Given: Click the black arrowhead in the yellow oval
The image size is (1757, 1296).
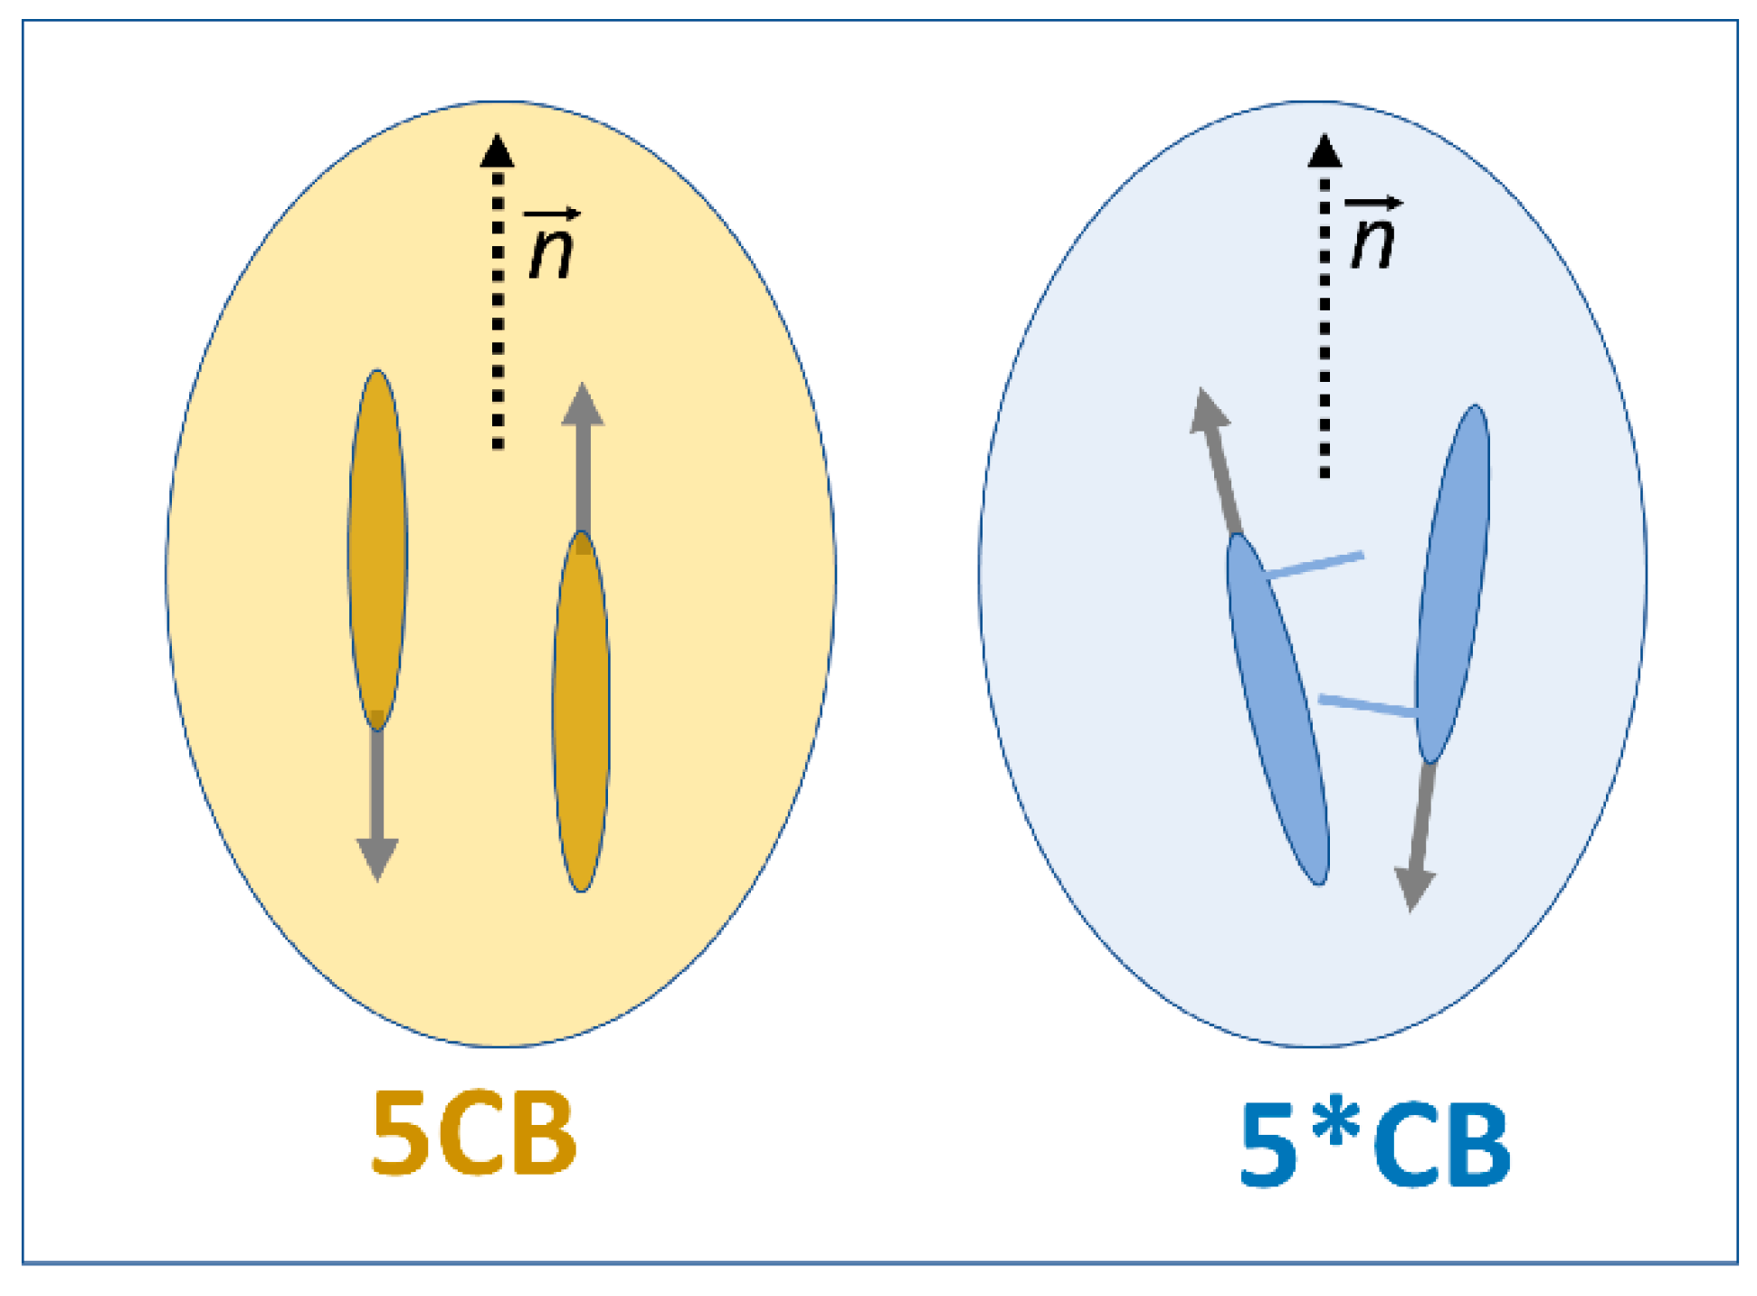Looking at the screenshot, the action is [x=497, y=151].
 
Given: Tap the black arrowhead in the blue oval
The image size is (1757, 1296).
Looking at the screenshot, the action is [x=1325, y=151].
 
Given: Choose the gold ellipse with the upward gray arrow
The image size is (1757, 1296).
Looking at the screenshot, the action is [x=581, y=710].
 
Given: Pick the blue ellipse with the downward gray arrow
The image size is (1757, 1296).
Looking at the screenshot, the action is [x=1452, y=584].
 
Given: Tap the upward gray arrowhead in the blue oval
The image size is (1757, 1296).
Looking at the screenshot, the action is [x=1209, y=413].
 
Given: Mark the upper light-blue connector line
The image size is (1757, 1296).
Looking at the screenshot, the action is [x=1315, y=565].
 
